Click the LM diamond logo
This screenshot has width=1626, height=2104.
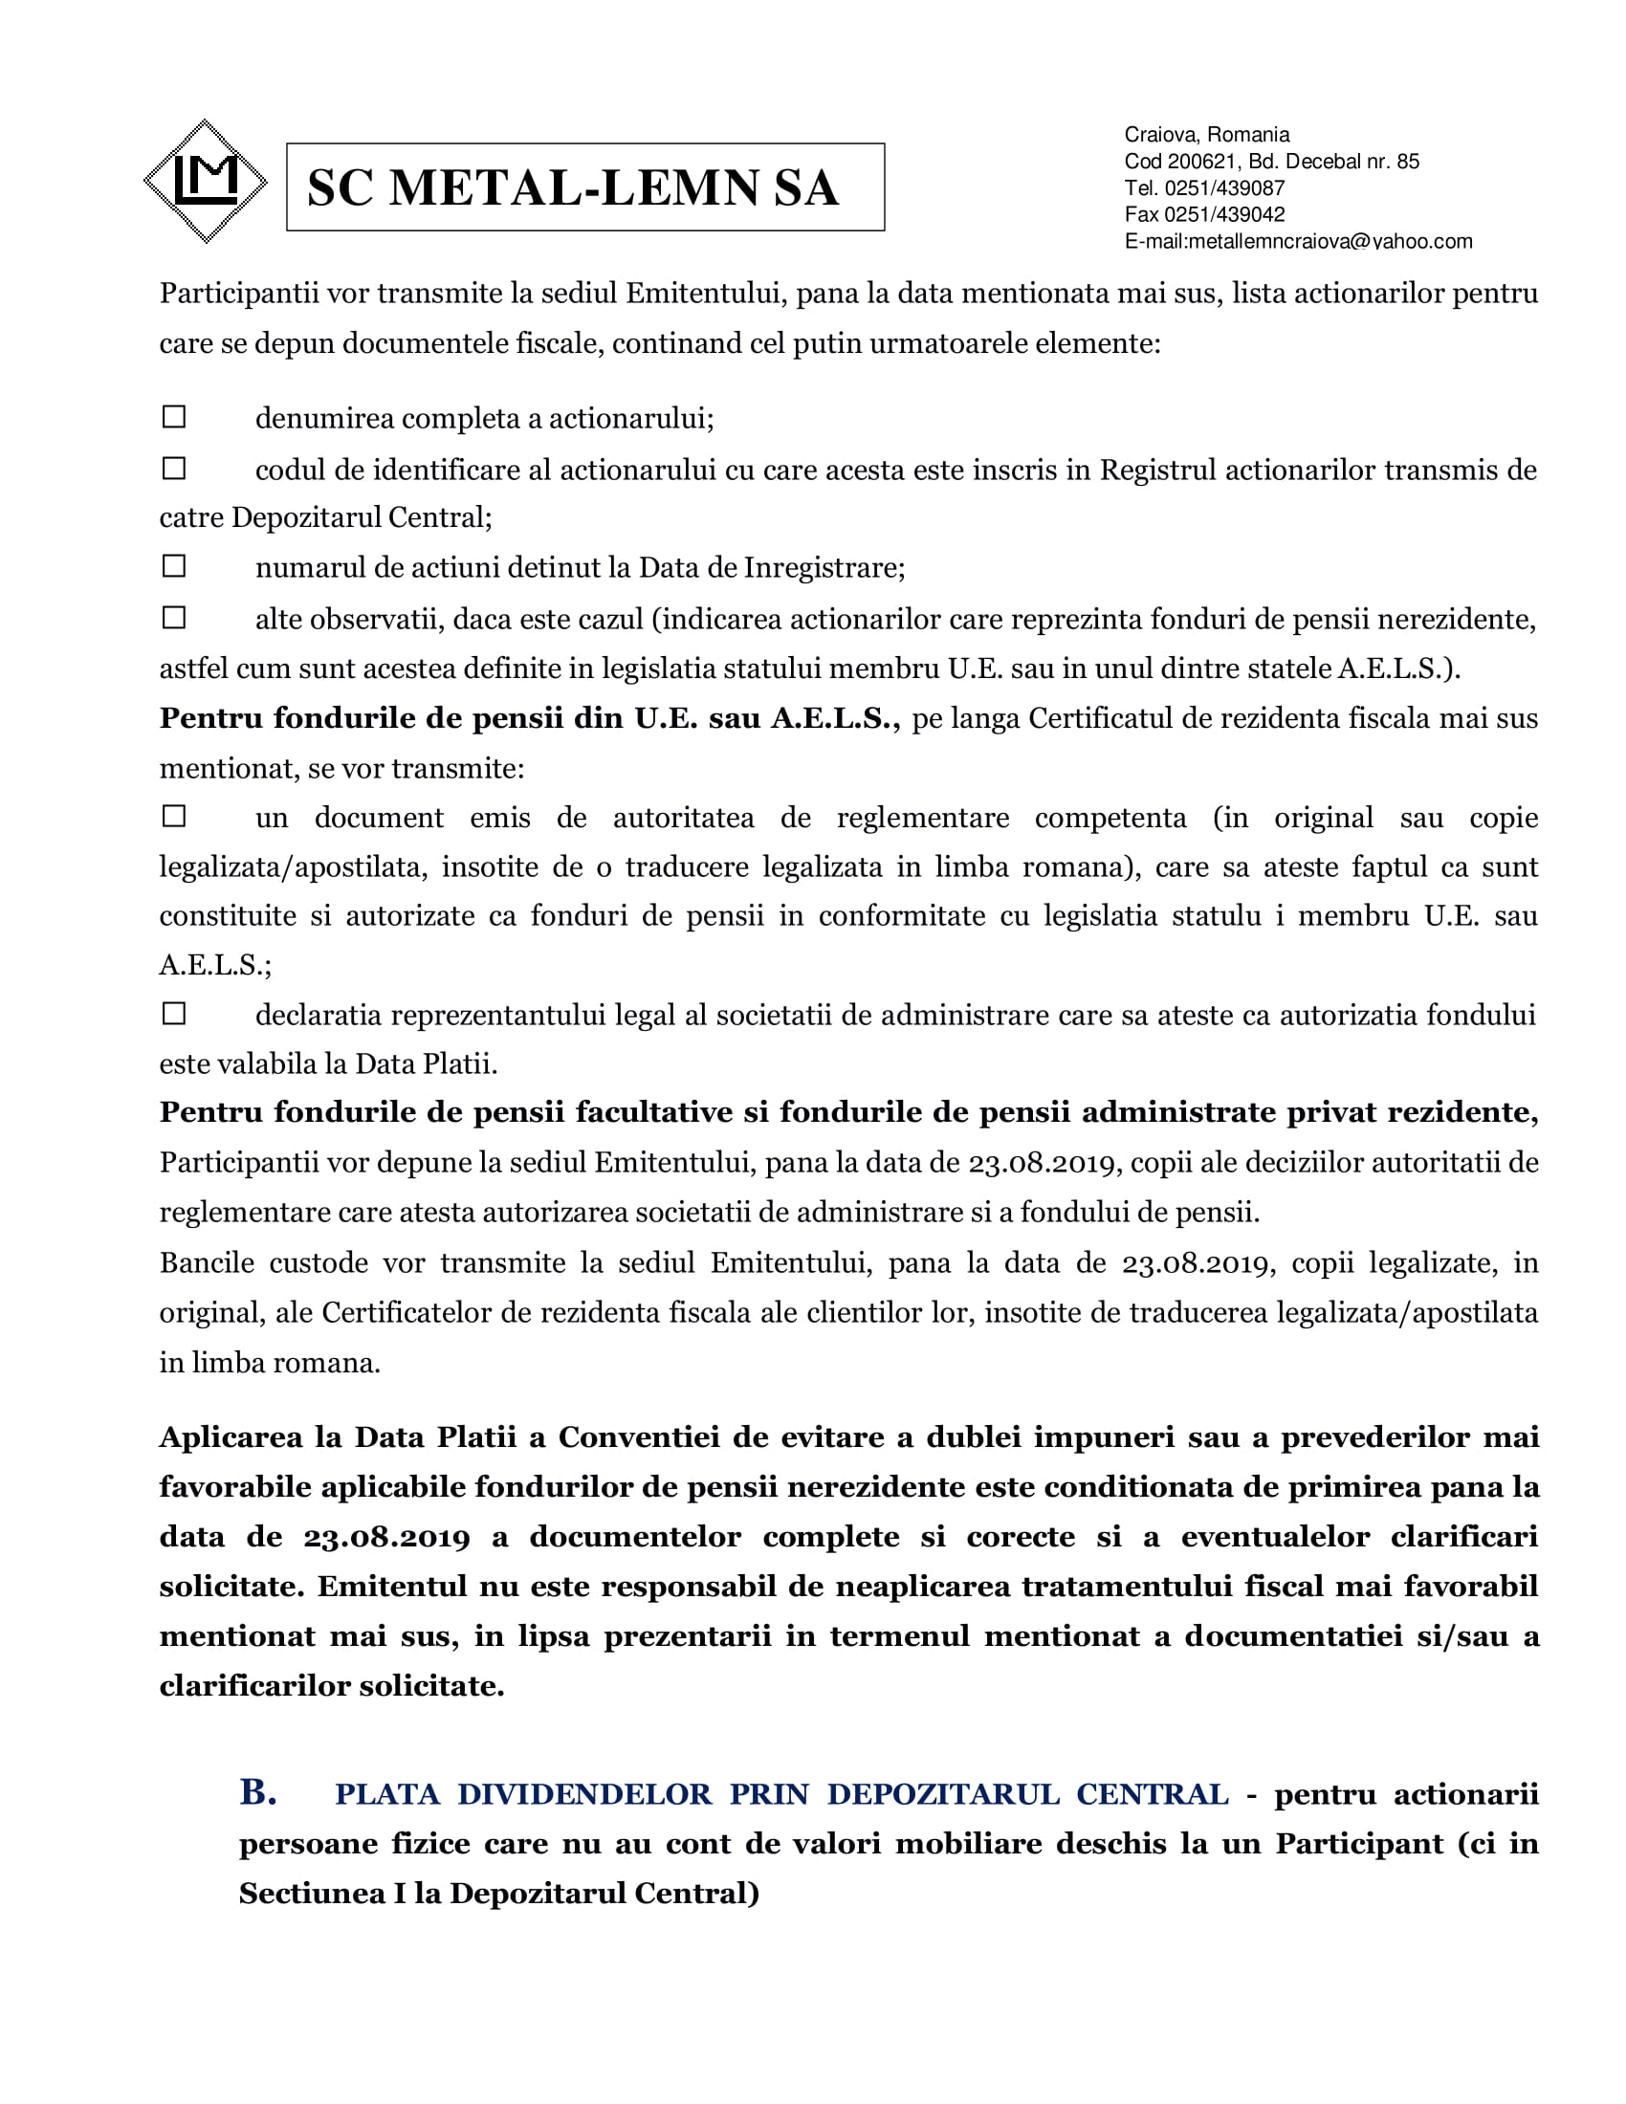(206, 181)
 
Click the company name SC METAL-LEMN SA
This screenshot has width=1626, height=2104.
(573, 187)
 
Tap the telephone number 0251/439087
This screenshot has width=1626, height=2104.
(1224, 187)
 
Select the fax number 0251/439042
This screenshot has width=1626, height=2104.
(1224, 214)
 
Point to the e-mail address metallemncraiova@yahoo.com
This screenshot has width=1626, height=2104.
(1330, 241)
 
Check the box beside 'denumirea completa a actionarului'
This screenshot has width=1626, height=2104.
(174, 417)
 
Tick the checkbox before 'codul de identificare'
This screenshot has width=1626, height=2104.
(174, 469)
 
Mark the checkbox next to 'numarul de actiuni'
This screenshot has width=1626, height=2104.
(174, 565)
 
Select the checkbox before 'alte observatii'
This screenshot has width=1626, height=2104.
(174, 618)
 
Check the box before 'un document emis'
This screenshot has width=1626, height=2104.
(174, 816)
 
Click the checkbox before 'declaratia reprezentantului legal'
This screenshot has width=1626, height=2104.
(174, 1014)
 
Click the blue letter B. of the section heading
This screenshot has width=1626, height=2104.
(258, 1792)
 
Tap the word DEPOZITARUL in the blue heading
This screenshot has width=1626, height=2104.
(943, 1794)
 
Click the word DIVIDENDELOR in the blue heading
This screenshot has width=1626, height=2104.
(583, 1794)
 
